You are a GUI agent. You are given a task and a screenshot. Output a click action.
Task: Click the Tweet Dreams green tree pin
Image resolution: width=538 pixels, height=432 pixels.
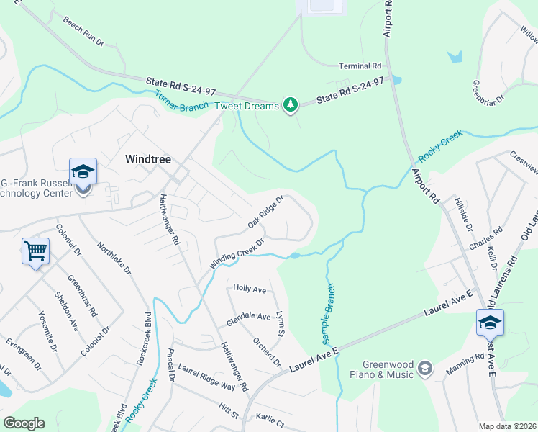[290, 106]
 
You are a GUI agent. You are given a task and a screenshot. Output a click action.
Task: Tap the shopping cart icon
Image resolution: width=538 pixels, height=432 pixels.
[35, 252]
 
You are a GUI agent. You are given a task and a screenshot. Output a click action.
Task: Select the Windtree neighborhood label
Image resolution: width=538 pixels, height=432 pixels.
[148, 159]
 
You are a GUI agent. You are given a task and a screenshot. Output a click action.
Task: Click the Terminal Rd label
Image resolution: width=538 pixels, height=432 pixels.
[360, 66]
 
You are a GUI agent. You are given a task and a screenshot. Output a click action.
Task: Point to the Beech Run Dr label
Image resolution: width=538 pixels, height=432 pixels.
[83, 32]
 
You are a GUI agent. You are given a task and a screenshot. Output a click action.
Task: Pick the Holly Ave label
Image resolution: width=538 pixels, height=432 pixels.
[250, 288]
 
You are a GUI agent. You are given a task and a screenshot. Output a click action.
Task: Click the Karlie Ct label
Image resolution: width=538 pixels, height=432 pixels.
[270, 420]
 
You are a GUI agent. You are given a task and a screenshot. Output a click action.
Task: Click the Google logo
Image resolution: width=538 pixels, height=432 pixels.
[23, 423]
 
